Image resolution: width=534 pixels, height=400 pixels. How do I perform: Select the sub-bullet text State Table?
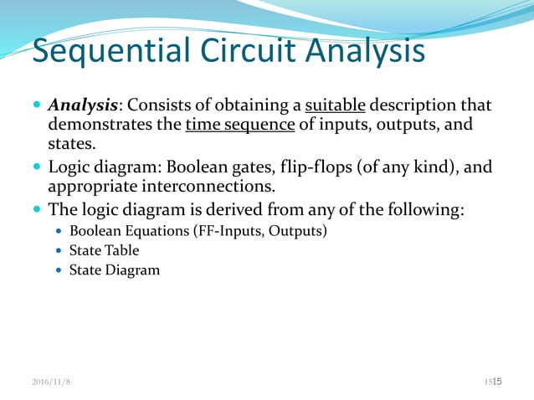104,250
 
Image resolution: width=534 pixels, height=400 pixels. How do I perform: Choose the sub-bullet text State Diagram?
114,270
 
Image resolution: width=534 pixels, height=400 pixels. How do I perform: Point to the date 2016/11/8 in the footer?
53,382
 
